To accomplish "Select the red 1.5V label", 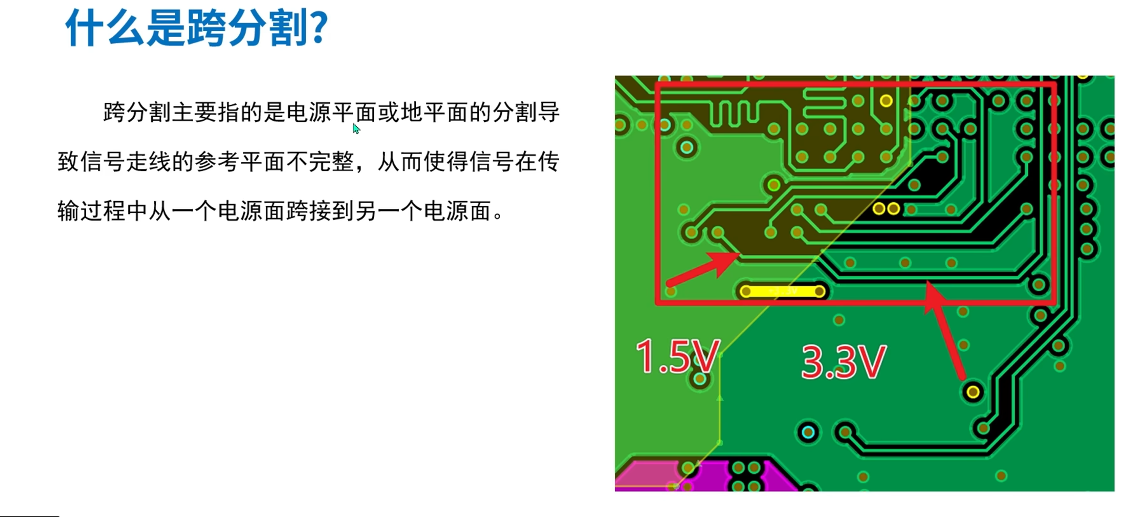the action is coord(677,356).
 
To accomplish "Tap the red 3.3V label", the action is coord(844,362).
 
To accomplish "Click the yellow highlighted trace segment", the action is coord(782,291).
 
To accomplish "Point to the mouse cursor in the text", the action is coord(356,129).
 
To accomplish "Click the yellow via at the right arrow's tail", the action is coord(972,391).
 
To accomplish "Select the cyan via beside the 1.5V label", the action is coord(700,379).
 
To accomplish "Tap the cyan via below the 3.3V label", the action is coord(808,432).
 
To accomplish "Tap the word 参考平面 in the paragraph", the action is coord(240,162).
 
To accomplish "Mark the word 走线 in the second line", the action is coord(149,162).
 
